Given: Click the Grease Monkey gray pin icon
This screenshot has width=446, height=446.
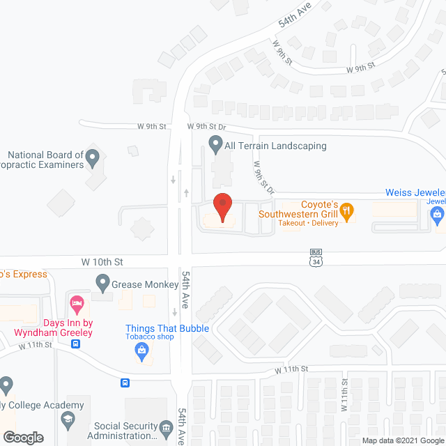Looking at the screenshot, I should [x=103, y=284].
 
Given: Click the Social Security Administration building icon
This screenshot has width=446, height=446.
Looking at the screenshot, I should [x=166, y=427].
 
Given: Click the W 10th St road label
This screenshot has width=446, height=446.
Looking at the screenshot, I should [x=102, y=262].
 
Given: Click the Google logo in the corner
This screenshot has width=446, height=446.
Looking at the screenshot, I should [x=22, y=437].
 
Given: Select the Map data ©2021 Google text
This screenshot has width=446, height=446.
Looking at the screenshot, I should [x=403, y=440].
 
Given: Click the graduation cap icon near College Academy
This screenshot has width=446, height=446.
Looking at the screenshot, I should [x=68, y=419].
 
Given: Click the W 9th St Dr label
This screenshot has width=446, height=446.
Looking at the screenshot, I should [x=207, y=126].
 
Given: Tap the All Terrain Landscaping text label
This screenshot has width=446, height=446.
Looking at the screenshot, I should [x=275, y=146].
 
